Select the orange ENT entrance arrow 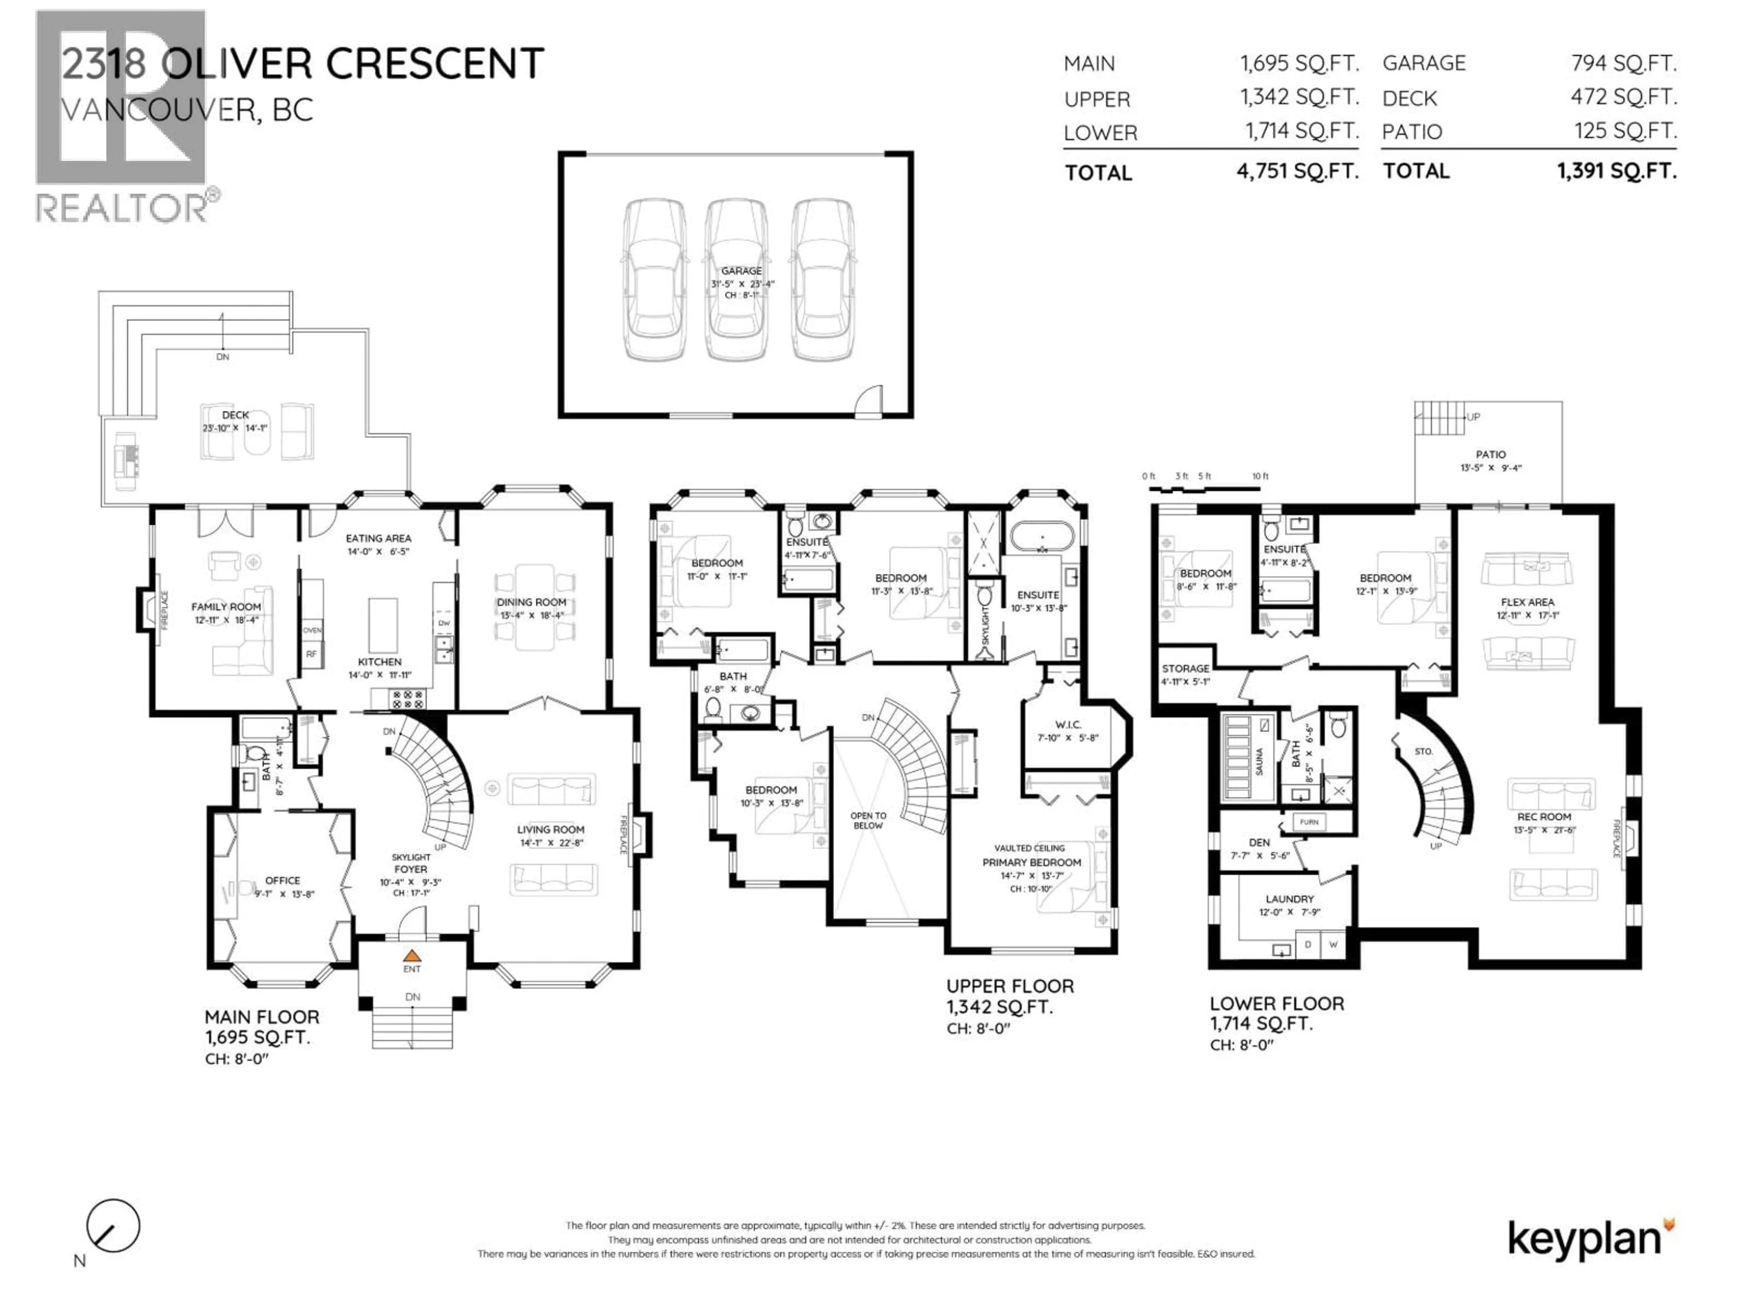coord(412,955)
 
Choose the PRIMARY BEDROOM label coord(1032,862)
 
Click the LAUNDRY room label coord(1290,899)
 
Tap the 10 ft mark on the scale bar coord(1260,476)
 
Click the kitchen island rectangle coord(383,625)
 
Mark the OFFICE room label coord(283,880)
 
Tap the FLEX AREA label coord(1527,602)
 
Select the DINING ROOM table coord(532,607)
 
